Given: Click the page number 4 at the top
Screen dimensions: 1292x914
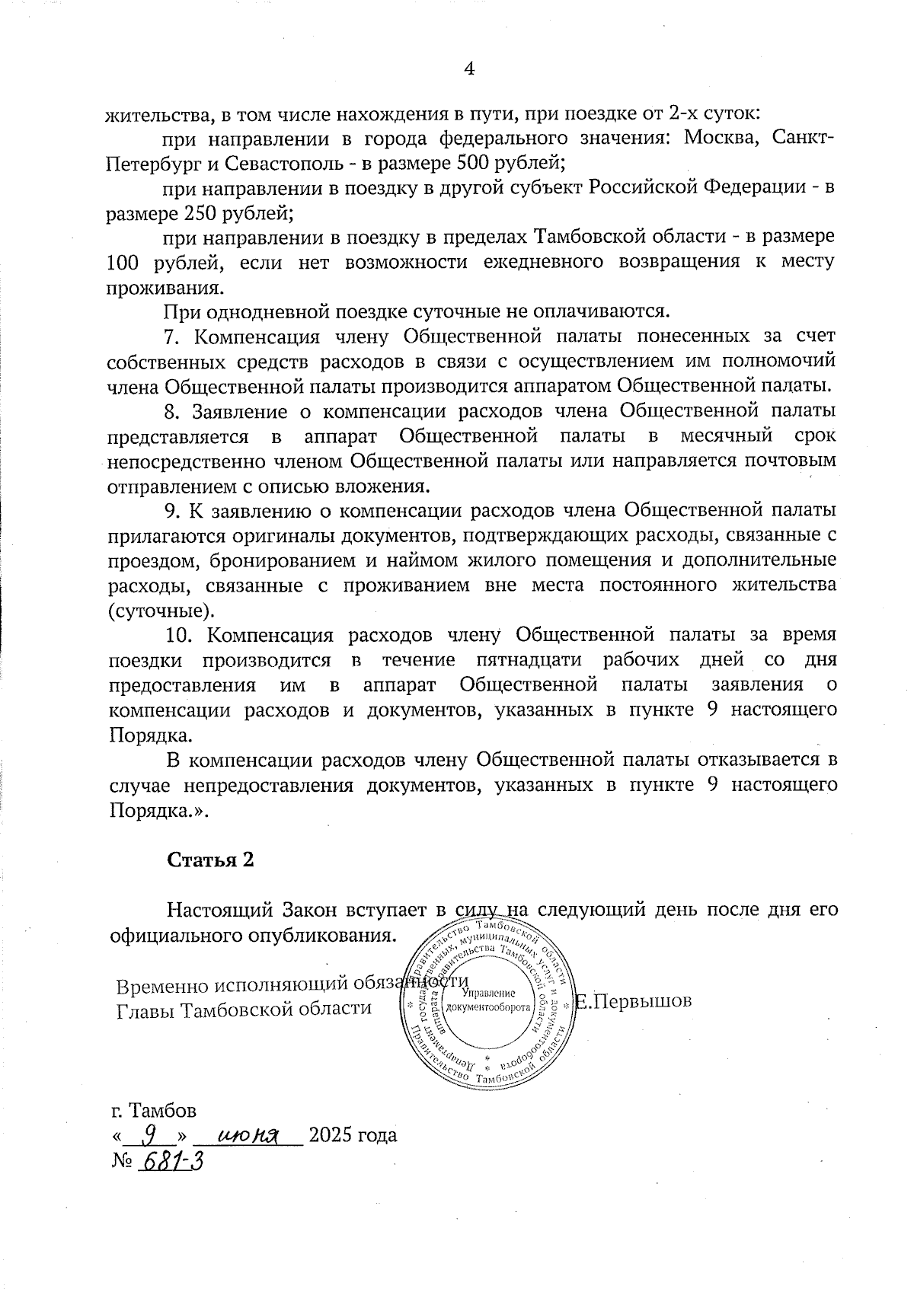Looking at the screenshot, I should pyautogui.click(x=469, y=69).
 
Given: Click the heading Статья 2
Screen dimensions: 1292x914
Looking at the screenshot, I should pyautogui.click(x=210, y=860).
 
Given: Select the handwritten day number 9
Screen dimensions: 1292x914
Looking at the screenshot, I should pyautogui.click(x=151, y=1135).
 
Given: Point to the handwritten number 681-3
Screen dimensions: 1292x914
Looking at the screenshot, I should pyautogui.click(x=171, y=1163).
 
